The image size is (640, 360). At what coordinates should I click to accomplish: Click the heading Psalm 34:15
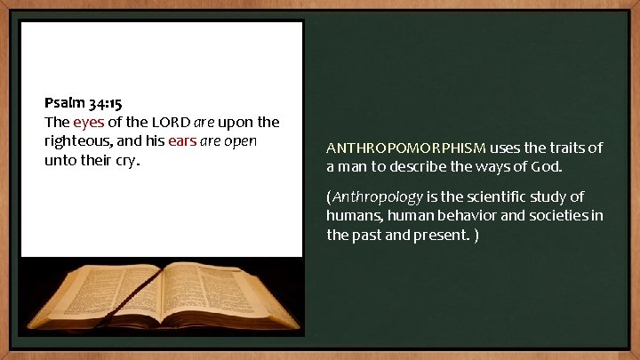(84, 103)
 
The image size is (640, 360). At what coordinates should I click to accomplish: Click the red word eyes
(89, 122)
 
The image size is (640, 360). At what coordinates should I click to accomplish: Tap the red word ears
(184, 141)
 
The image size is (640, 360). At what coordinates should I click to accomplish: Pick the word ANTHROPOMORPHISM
(405, 147)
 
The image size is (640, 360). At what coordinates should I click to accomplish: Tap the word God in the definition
(545, 166)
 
